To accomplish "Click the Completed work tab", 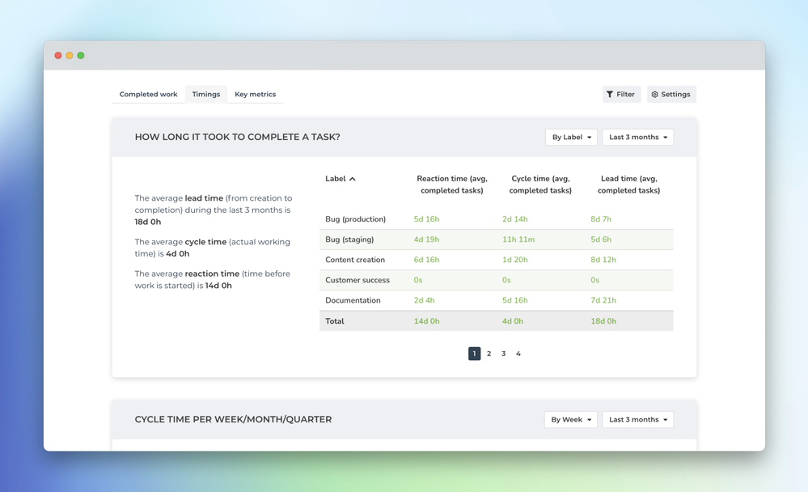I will click(x=148, y=95).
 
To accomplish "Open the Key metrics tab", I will click(x=255, y=95).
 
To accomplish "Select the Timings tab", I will click(x=206, y=95).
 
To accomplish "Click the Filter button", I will click(x=621, y=95).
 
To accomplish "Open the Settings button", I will click(x=671, y=95).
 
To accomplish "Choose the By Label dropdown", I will click(x=571, y=138).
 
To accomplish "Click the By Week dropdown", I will click(x=570, y=420).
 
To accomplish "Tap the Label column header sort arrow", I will click(x=353, y=179).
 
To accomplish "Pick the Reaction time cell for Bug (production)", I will click(x=426, y=219).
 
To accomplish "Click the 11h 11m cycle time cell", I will click(x=518, y=240).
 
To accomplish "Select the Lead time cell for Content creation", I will click(x=603, y=260).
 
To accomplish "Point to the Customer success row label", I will click(x=357, y=280).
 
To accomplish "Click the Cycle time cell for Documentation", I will click(x=515, y=300).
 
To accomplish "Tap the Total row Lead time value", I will click(x=603, y=321).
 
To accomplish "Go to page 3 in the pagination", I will click(x=503, y=354).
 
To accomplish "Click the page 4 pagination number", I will click(x=518, y=354).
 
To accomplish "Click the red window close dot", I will click(x=58, y=56).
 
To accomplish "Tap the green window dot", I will click(x=81, y=56).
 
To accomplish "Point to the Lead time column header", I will click(x=628, y=184).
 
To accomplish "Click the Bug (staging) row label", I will click(x=349, y=240).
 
